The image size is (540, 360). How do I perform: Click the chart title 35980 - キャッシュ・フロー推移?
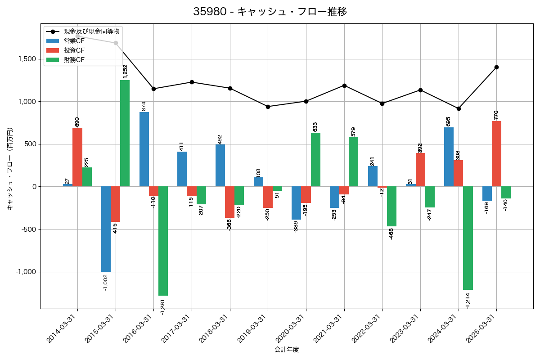[x=270, y=12]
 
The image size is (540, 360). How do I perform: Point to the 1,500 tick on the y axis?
[x=27, y=59]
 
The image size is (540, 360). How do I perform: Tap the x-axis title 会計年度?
[x=287, y=350]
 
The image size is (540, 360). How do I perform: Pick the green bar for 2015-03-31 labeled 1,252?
[x=125, y=133]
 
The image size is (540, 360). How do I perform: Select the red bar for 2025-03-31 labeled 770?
[x=496, y=153]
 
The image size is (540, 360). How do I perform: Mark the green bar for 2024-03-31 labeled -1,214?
[x=468, y=238]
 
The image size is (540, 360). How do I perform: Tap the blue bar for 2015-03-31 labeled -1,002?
[x=106, y=229]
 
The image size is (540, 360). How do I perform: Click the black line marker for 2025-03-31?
[x=496, y=67]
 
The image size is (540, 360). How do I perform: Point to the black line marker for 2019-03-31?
[x=268, y=107]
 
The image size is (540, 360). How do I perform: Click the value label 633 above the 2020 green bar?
[x=315, y=127]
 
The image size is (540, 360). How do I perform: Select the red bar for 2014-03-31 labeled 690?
[x=77, y=157]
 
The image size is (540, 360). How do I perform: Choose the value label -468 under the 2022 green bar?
[x=391, y=234]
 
